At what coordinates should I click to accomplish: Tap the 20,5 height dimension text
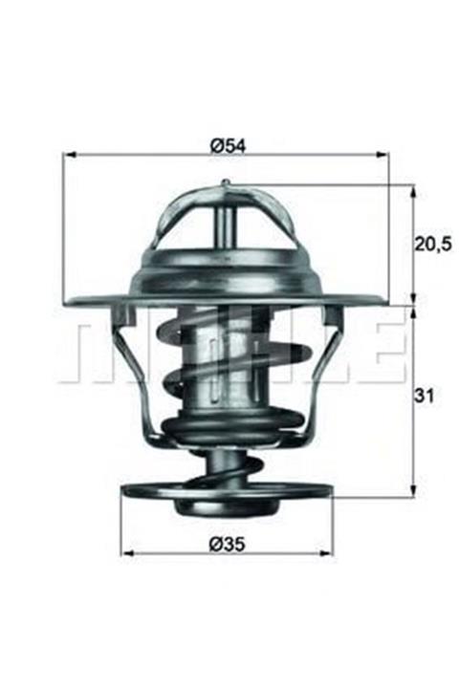pyautogui.click(x=433, y=244)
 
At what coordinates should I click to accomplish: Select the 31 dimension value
pyautogui.click(x=424, y=396)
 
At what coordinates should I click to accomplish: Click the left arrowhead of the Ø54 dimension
pyautogui.click(x=70, y=155)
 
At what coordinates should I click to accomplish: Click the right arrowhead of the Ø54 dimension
pyautogui.click(x=382, y=155)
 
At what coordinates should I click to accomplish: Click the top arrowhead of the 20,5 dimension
pyautogui.click(x=413, y=191)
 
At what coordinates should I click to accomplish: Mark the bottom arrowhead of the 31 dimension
pyautogui.click(x=413, y=490)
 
